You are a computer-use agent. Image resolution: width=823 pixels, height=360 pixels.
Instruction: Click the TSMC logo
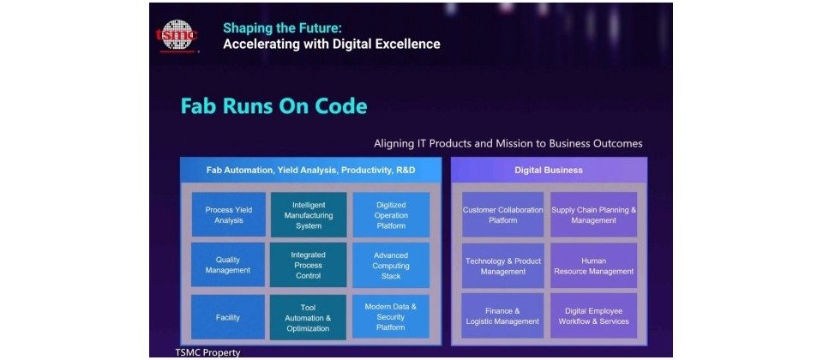pos(177,36)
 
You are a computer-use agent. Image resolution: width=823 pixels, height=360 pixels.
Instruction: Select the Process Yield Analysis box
pos(228,214)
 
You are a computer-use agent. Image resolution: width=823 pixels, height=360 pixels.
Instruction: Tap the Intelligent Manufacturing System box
pos(308,214)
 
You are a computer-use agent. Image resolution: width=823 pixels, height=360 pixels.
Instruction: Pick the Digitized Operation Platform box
pos(391,214)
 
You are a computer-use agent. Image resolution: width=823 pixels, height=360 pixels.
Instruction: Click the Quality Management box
pos(228,265)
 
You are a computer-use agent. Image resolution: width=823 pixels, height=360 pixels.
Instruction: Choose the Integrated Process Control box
pos(308,265)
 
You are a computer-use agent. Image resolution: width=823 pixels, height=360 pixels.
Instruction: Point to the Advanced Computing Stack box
pos(391,265)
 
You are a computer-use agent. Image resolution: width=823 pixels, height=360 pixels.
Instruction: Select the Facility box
pos(228,317)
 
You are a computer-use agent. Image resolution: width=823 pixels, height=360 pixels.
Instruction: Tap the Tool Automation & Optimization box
pos(308,317)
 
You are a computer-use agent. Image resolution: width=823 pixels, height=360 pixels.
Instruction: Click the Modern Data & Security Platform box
pos(391,317)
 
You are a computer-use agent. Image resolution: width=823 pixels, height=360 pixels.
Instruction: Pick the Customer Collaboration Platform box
pos(503,214)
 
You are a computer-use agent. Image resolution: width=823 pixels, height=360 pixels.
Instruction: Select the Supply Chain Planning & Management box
pos(593,214)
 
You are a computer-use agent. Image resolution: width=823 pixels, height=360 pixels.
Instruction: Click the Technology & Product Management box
pos(503,266)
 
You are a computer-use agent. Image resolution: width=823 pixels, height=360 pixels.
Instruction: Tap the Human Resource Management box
pos(593,266)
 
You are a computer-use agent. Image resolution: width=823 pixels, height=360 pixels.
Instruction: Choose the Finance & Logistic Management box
pos(503,316)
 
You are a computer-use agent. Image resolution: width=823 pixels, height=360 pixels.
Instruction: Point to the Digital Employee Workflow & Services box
pos(593,316)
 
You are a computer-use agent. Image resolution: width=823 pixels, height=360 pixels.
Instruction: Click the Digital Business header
pos(549,170)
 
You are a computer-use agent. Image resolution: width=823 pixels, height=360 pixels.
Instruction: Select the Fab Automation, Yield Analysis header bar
pos(310,170)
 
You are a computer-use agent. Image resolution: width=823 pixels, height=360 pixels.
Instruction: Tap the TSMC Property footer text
pos(207,352)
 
